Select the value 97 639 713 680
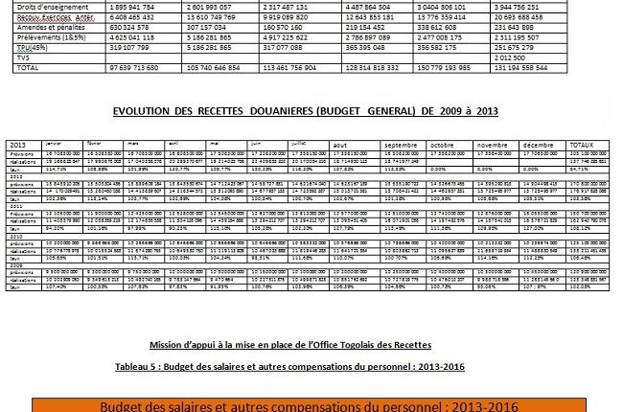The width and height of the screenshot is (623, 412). [x=141, y=70]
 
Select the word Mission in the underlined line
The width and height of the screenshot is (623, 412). [x=169, y=345]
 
